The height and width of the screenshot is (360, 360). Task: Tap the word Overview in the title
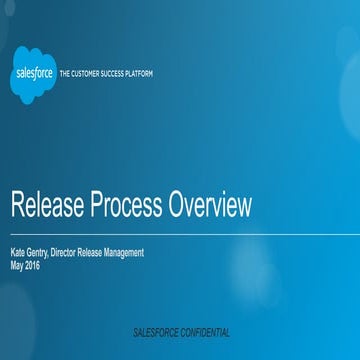[x=210, y=207]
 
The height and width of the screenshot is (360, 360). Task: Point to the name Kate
[x=19, y=253]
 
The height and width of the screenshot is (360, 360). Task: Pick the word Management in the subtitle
[x=123, y=253]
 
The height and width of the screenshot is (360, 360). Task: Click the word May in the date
[x=17, y=265]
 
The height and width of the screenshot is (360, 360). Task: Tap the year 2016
[x=34, y=265]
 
